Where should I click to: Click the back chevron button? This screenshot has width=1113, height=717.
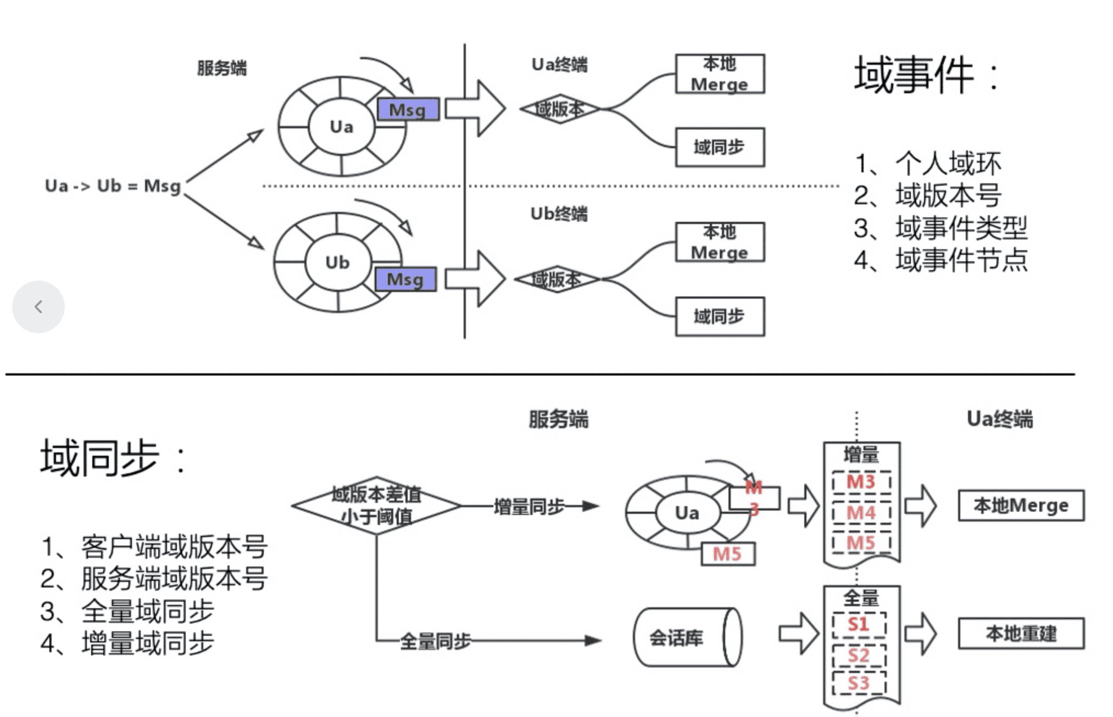click(x=38, y=306)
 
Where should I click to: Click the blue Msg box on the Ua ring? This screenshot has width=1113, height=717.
click(x=408, y=109)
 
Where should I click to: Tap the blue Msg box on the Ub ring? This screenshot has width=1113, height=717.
click(x=405, y=279)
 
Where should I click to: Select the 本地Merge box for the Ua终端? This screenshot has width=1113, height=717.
click(x=720, y=74)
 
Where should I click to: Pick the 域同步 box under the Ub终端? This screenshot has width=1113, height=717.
click(x=720, y=316)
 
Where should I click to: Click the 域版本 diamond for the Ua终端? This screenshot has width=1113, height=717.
click(x=560, y=109)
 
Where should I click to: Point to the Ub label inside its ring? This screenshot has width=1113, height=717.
click(x=337, y=262)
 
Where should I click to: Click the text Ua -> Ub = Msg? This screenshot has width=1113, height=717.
click(x=113, y=186)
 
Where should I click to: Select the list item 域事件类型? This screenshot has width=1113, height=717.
click(x=961, y=227)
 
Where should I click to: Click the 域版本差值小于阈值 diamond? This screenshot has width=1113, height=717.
click(x=376, y=505)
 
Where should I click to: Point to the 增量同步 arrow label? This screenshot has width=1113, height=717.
click(x=528, y=506)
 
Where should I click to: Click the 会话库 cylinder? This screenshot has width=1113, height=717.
click(x=687, y=637)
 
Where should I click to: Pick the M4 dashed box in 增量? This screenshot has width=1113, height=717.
click(x=861, y=512)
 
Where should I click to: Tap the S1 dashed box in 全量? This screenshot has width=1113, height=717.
click(x=859, y=624)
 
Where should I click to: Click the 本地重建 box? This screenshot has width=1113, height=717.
click(x=1021, y=634)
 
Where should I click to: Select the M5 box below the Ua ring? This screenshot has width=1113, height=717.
click(x=728, y=553)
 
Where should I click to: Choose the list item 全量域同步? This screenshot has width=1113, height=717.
click(x=147, y=610)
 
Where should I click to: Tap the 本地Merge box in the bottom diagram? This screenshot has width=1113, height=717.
click(x=1021, y=505)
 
